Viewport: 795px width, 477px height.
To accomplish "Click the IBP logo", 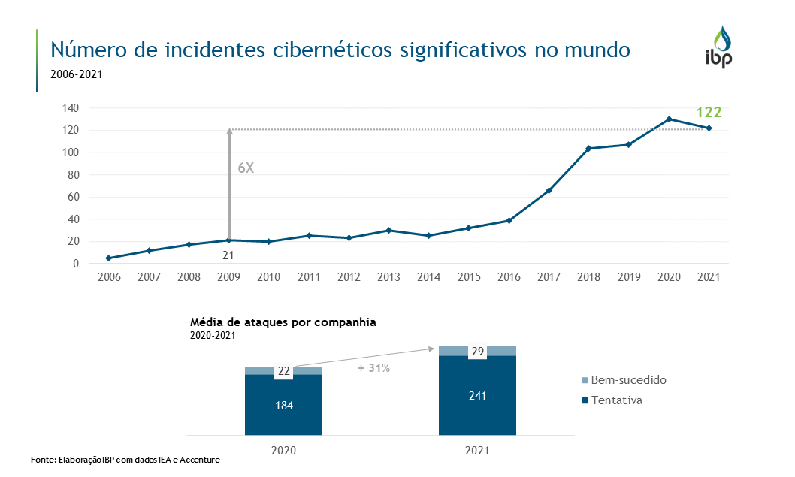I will tap(718, 47).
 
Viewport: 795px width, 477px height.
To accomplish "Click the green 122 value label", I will tap(709, 113).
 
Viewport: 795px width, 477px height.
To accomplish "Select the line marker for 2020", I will tap(669, 119).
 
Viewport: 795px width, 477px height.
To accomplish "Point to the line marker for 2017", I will tap(549, 191).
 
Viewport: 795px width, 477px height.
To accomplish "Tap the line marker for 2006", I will tap(109, 258).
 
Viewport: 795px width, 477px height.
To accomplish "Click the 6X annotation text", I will tap(246, 168).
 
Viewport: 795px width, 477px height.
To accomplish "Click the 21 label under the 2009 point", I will tap(228, 255).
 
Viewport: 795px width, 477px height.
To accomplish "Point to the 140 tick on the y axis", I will tap(71, 108).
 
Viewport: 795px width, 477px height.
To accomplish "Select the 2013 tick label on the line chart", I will tap(388, 277).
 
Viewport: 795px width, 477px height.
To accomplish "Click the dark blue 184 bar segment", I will tap(283, 406).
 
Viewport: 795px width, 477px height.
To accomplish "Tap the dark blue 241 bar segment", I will tap(477, 395).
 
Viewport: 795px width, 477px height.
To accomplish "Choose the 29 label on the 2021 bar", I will tap(477, 352).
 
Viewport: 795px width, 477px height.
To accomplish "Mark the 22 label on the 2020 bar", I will tap(283, 371).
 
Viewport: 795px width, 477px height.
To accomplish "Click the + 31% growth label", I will tap(374, 368).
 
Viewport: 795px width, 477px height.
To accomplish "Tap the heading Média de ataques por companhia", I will tap(283, 322).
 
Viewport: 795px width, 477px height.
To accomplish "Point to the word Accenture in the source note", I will tap(201, 459).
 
